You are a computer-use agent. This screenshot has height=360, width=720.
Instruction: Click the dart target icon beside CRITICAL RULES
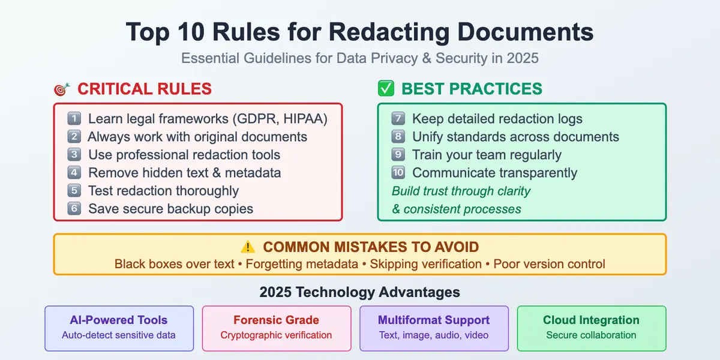61,90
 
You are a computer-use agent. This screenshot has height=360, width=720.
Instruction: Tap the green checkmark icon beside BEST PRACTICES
385,89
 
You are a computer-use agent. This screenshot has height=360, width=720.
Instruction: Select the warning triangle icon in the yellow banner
248,247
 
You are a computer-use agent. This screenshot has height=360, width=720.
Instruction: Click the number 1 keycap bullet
74,119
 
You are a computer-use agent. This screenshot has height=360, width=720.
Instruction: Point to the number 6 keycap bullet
74,209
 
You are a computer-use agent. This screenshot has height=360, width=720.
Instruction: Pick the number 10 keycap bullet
398,173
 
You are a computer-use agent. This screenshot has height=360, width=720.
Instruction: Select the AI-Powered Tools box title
119,320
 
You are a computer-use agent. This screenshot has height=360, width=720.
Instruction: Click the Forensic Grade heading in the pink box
276,320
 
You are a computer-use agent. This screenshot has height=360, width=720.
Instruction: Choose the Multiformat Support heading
434,320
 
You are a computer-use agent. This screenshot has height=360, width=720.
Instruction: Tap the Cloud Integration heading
591,320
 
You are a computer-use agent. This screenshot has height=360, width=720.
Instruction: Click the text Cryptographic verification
276,335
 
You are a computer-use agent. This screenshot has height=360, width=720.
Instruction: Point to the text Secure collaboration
591,335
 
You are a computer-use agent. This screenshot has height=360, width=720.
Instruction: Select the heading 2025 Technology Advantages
360,292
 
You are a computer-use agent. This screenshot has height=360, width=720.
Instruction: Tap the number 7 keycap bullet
398,119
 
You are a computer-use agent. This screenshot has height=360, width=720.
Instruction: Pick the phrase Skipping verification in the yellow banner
425,264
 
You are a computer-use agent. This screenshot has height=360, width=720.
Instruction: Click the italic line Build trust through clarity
461,191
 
